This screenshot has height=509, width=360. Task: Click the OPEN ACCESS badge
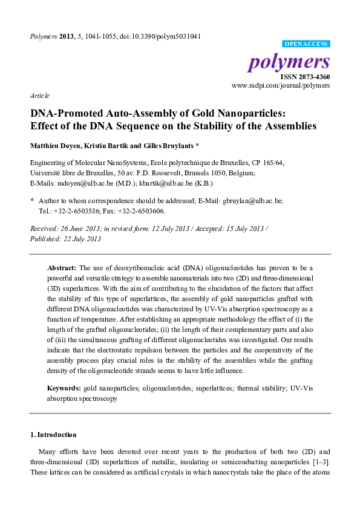[306, 44]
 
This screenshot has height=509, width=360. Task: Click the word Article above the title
[39, 96]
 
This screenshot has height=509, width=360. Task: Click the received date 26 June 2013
[85, 229]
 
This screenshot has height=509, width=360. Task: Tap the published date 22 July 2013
[77, 239]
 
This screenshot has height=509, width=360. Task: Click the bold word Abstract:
[62, 267]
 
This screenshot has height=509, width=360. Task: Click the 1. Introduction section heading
[53, 435]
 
